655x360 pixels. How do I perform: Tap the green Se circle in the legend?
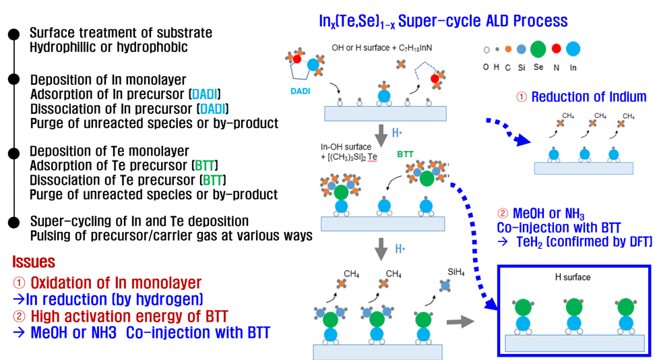[538, 49]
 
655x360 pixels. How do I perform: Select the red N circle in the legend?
[556, 49]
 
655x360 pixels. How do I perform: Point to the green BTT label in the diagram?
[405, 154]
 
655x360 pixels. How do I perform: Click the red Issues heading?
[34, 262]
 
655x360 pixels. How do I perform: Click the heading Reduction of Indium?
[588, 97]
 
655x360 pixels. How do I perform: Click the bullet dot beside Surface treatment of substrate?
[13, 32]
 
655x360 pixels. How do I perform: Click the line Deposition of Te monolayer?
[110, 151]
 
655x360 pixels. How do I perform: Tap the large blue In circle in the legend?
[573, 49]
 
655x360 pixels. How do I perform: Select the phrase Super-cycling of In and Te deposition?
[139, 221]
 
